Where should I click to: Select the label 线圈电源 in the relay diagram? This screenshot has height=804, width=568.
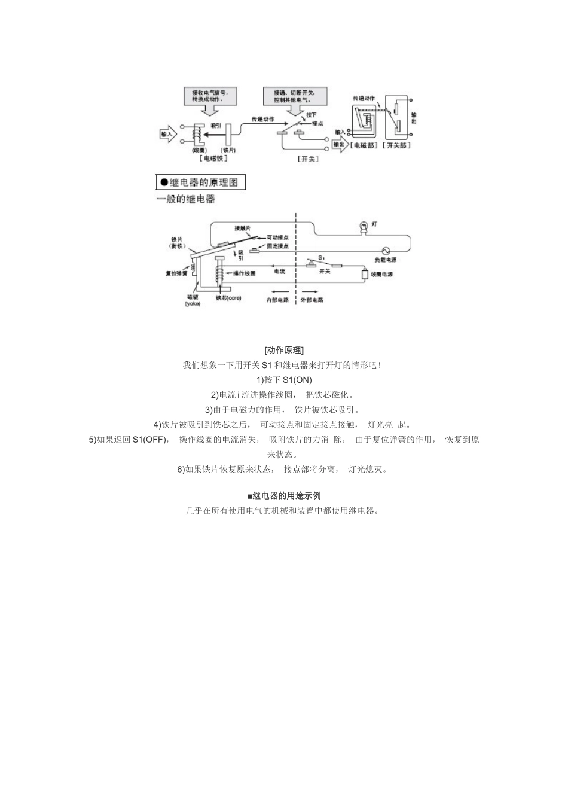(382, 274)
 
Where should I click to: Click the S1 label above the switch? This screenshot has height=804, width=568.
(321, 257)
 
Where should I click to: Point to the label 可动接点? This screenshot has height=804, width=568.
(279, 237)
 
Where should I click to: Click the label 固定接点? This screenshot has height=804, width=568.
(279, 246)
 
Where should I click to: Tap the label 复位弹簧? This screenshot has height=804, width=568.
(176, 273)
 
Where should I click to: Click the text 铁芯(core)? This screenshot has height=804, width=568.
(228, 298)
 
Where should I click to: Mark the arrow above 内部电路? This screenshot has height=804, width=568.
(277, 292)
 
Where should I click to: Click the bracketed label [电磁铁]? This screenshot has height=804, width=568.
(213, 159)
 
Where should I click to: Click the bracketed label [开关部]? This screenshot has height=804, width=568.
(398, 145)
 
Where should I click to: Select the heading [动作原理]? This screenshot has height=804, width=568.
(283, 350)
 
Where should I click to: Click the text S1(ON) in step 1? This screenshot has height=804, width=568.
(297, 380)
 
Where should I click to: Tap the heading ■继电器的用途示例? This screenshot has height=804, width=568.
(283, 496)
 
